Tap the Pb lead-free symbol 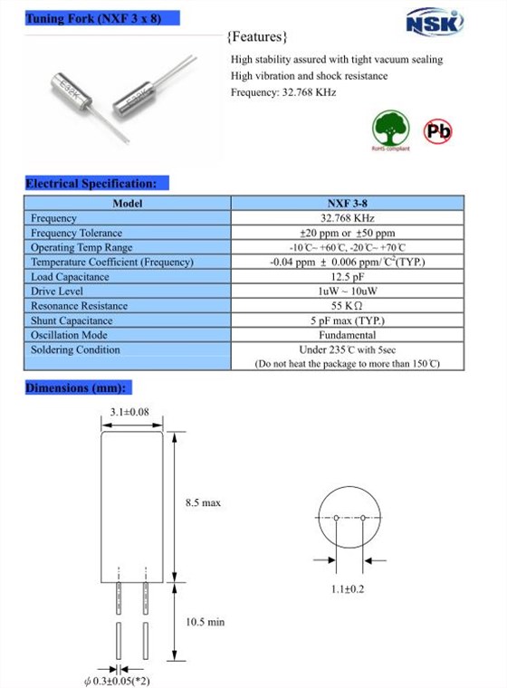[x=438, y=132]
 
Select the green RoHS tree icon [x=391, y=129]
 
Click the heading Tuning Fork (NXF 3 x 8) [x=94, y=18]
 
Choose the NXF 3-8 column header [x=348, y=204]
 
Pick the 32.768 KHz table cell [x=348, y=218]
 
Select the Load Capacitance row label [x=70, y=277]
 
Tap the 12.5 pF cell [x=348, y=277]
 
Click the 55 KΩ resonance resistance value [x=348, y=306]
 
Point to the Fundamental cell [x=348, y=335]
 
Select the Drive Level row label [x=57, y=291]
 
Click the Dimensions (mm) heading [x=79, y=388]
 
